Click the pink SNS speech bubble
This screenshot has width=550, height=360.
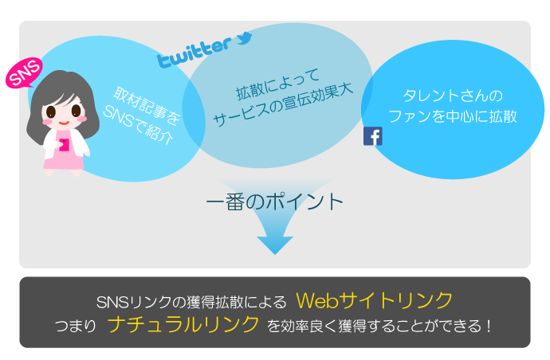pyautogui.click(x=24, y=73)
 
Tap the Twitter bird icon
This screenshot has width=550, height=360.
pyautogui.click(x=244, y=38)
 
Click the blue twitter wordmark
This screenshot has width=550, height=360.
pyautogui.click(x=194, y=53)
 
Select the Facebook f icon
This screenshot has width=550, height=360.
pyautogui.click(x=373, y=136)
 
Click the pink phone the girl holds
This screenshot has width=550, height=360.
pyautogui.click(x=64, y=145)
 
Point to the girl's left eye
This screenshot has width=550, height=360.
pyautogui.click(x=51, y=112)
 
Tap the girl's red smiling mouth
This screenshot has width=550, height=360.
pyautogui.click(x=63, y=123)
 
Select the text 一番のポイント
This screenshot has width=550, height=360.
pyautogui.click(x=275, y=202)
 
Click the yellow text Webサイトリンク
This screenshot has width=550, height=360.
pyautogui.click(x=375, y=300)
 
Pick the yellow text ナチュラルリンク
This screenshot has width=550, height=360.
pyautogui.click(x=183, y=324)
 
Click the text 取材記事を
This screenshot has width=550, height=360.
pyautogui.click(x=147, y=105)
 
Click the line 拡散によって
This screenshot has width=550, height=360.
pyautogui.click(x=277, y=84)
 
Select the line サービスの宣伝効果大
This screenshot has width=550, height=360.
pyautogui.click(x=283, y=104)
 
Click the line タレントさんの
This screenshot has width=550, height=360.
pyautogui.click(x=453, y=96)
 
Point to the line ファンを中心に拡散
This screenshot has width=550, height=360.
pyautogui.click(x=453, y=116)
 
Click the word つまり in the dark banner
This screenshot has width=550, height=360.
pyautogui.click(x=76, y=326)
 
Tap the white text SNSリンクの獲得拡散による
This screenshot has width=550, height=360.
pyautogui.click(x=191, y=302)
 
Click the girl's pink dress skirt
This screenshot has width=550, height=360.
pyautogui.click(x=64, y=163)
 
